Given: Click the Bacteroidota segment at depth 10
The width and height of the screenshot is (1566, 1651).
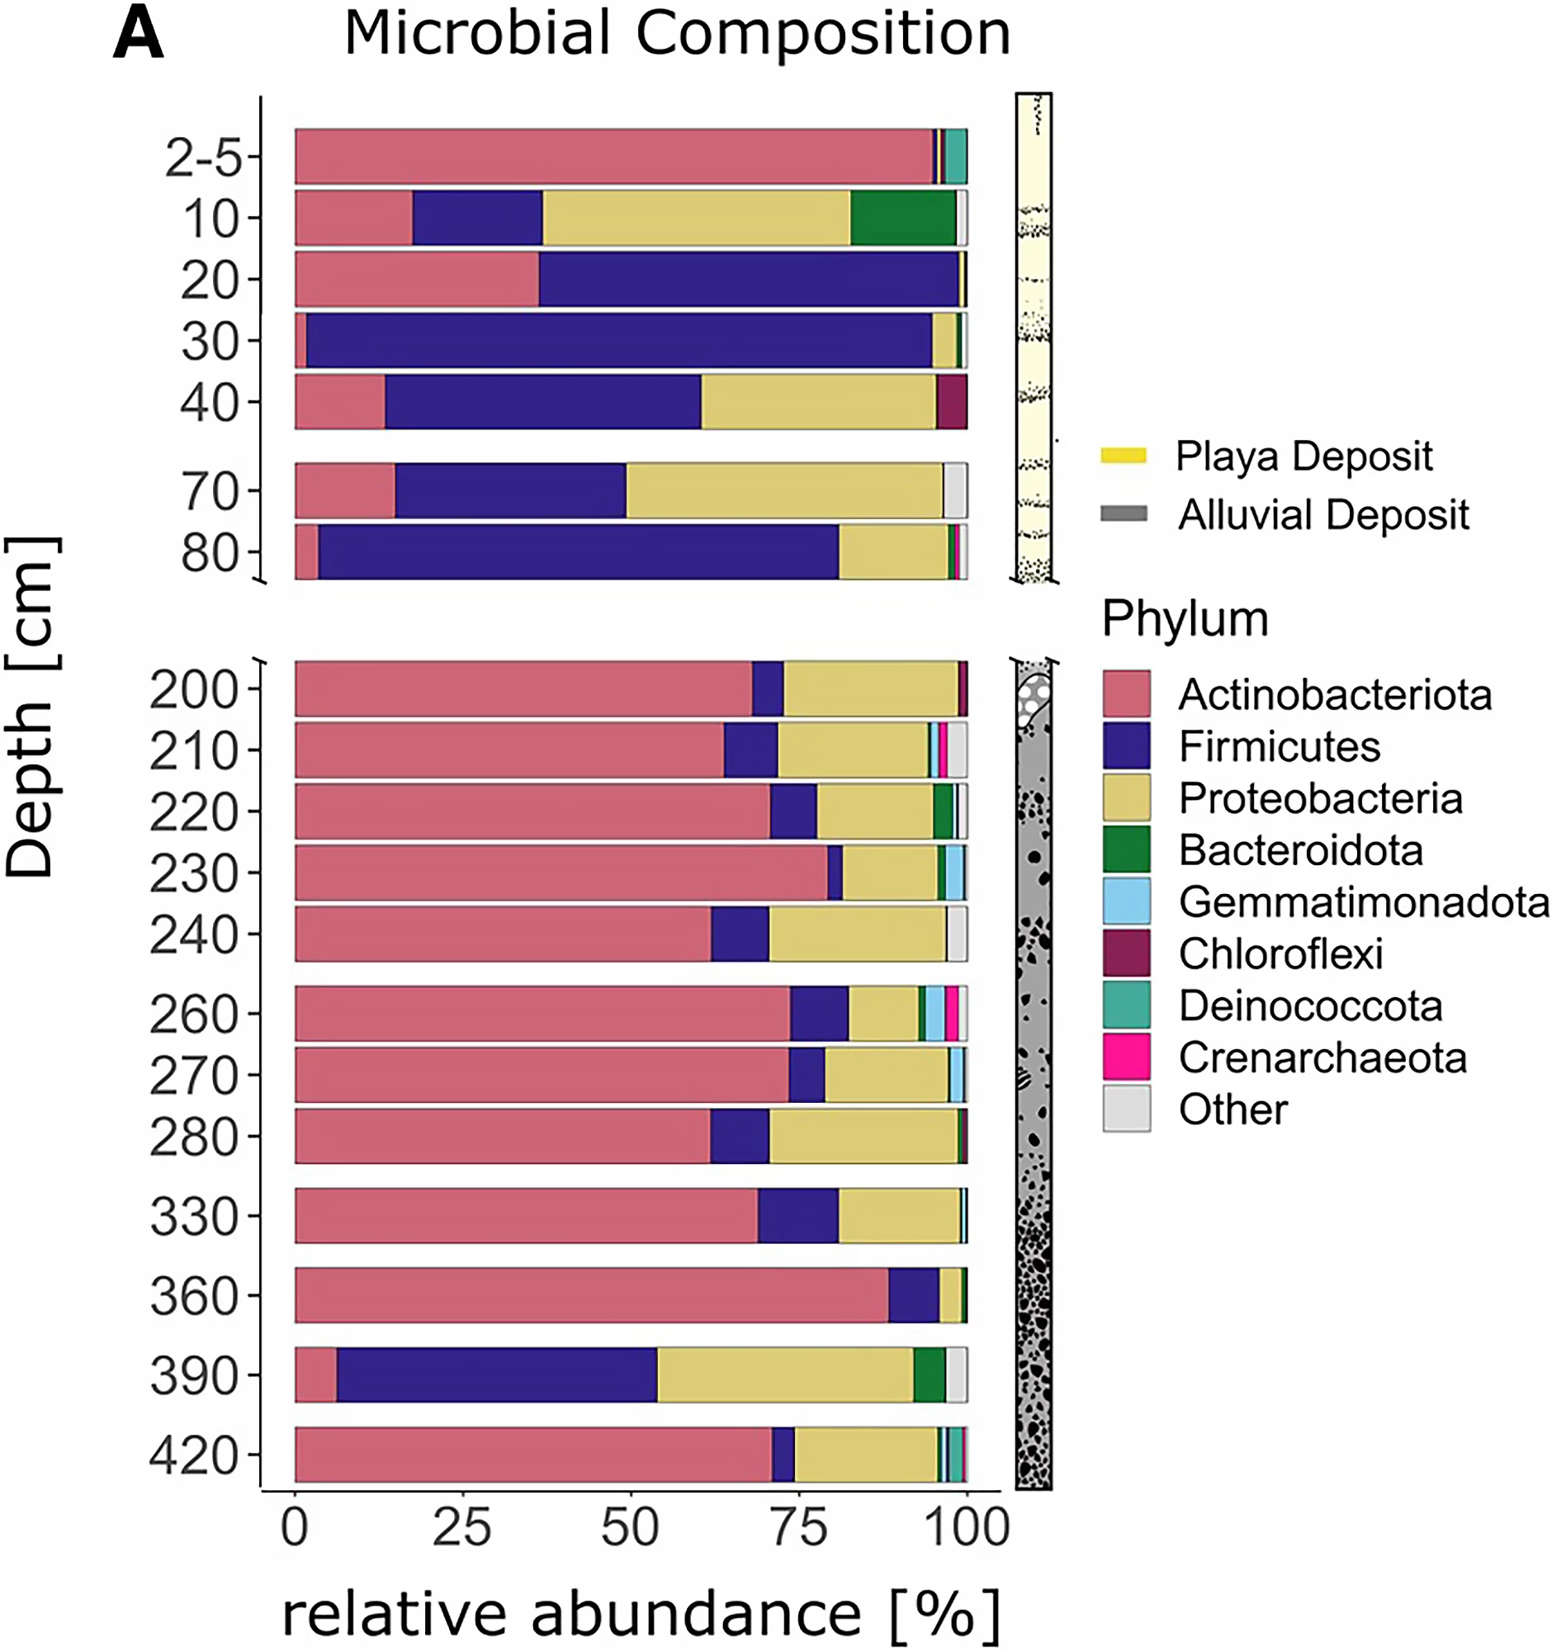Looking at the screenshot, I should pyautogui.click(x=902, y=218).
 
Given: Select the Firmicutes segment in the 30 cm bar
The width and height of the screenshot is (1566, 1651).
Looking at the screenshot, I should pyautogui.click(x=617, y=341).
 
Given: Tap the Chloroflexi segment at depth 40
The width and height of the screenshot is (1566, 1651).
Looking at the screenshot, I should pyautogui.click(x=952, y=402).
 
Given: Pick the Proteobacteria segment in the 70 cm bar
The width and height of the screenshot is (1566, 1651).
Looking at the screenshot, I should pyautogui.click(x=784, y=491).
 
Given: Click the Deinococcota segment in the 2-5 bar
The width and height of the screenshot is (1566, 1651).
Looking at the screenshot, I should pyautogui.click(x=956, y=157).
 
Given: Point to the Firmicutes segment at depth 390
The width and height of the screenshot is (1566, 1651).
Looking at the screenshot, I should pyautogui.click(x=497, y=1374).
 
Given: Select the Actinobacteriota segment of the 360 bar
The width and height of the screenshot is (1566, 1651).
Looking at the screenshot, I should pyautogui.click(x=591, y=1295).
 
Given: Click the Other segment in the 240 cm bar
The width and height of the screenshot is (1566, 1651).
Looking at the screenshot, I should pyautogui.click(x=957, y=934).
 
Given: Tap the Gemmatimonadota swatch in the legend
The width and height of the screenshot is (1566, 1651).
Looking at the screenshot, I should pyautogui.click(x=1126, y=901).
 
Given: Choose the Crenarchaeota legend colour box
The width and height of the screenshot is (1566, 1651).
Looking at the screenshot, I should pyautogui.click(x=1126, y=1057).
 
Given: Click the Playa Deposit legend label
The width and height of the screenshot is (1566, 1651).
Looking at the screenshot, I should pyautogui.click(x=1303, y=457).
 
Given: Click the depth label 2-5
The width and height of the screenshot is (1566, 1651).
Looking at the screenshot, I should pyautogui.click(x=203, y=158).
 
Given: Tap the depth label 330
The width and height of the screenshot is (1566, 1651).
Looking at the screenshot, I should pyautogui.click(x=194, y=1217).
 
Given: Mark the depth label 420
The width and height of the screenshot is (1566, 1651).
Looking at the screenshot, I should pyautogui.click(x=194, y=1457).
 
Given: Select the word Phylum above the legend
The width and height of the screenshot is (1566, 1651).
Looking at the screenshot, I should pyautogui.click(x=1185, y=619).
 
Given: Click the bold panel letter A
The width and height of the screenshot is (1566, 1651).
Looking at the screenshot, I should pyautogui.click(x=138, y=35).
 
